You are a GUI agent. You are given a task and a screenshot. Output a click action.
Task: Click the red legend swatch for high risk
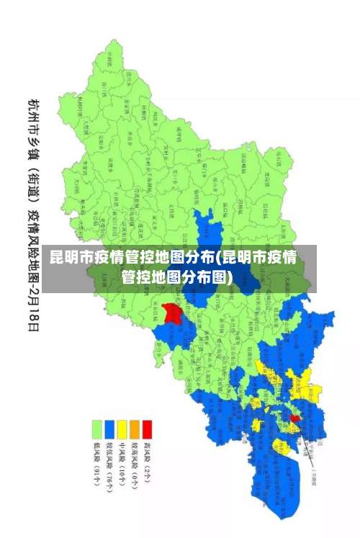147,429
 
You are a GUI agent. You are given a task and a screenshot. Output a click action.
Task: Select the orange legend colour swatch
134,429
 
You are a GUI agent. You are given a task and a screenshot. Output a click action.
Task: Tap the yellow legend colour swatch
122,429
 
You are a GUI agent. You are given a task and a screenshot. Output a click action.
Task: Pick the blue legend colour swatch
109,429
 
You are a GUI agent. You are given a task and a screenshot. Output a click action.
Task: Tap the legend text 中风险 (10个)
122,464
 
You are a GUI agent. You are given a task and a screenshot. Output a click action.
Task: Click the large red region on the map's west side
171,313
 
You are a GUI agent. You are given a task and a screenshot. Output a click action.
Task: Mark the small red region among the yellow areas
295,418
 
